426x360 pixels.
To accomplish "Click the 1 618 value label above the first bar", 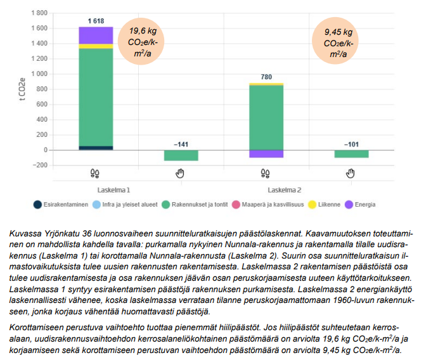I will [x=96, y=21].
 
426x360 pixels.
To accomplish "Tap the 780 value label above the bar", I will [x=266, y=77].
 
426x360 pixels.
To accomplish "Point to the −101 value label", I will [x=351, y=144].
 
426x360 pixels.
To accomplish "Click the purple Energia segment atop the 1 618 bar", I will [x=96, y=35].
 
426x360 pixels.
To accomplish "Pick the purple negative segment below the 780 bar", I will [x=266, y=154].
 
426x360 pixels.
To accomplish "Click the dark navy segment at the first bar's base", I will [x=96, y=148].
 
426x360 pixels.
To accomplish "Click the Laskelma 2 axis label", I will [x=284, y=190].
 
